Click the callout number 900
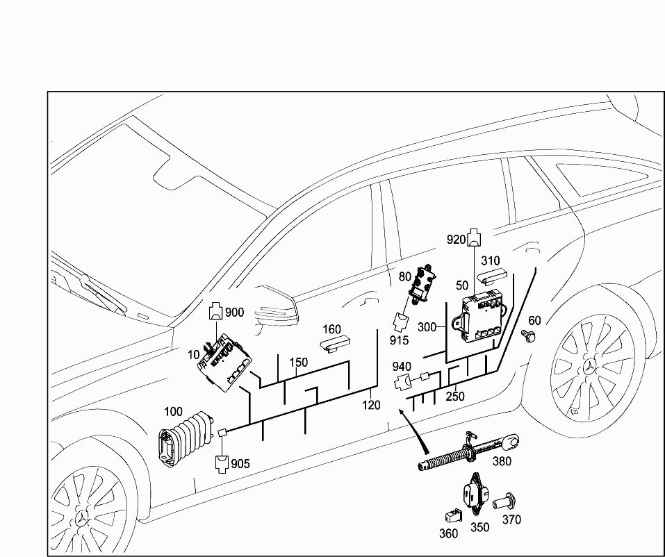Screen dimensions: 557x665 pos(235,313)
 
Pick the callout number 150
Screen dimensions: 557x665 pos(298,363)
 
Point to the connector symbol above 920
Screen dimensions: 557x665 pos(475,238)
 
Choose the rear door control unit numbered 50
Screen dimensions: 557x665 pos(484,317)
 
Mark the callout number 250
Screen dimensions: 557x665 pos(455,397)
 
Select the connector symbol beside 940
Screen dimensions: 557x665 pos(402,381)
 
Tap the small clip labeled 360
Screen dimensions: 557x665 pos(450,515)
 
